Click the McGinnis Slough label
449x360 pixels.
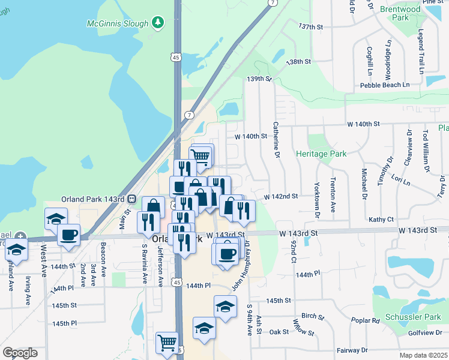point(116,22)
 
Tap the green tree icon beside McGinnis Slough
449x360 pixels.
point(158,22)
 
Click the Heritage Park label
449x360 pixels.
point(321,154)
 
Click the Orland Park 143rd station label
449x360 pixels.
point(92,199)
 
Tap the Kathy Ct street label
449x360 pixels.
point(381,220)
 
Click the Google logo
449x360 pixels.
point(20,353)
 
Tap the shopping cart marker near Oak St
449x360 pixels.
point(167,343)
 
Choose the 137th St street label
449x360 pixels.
point(311,27)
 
